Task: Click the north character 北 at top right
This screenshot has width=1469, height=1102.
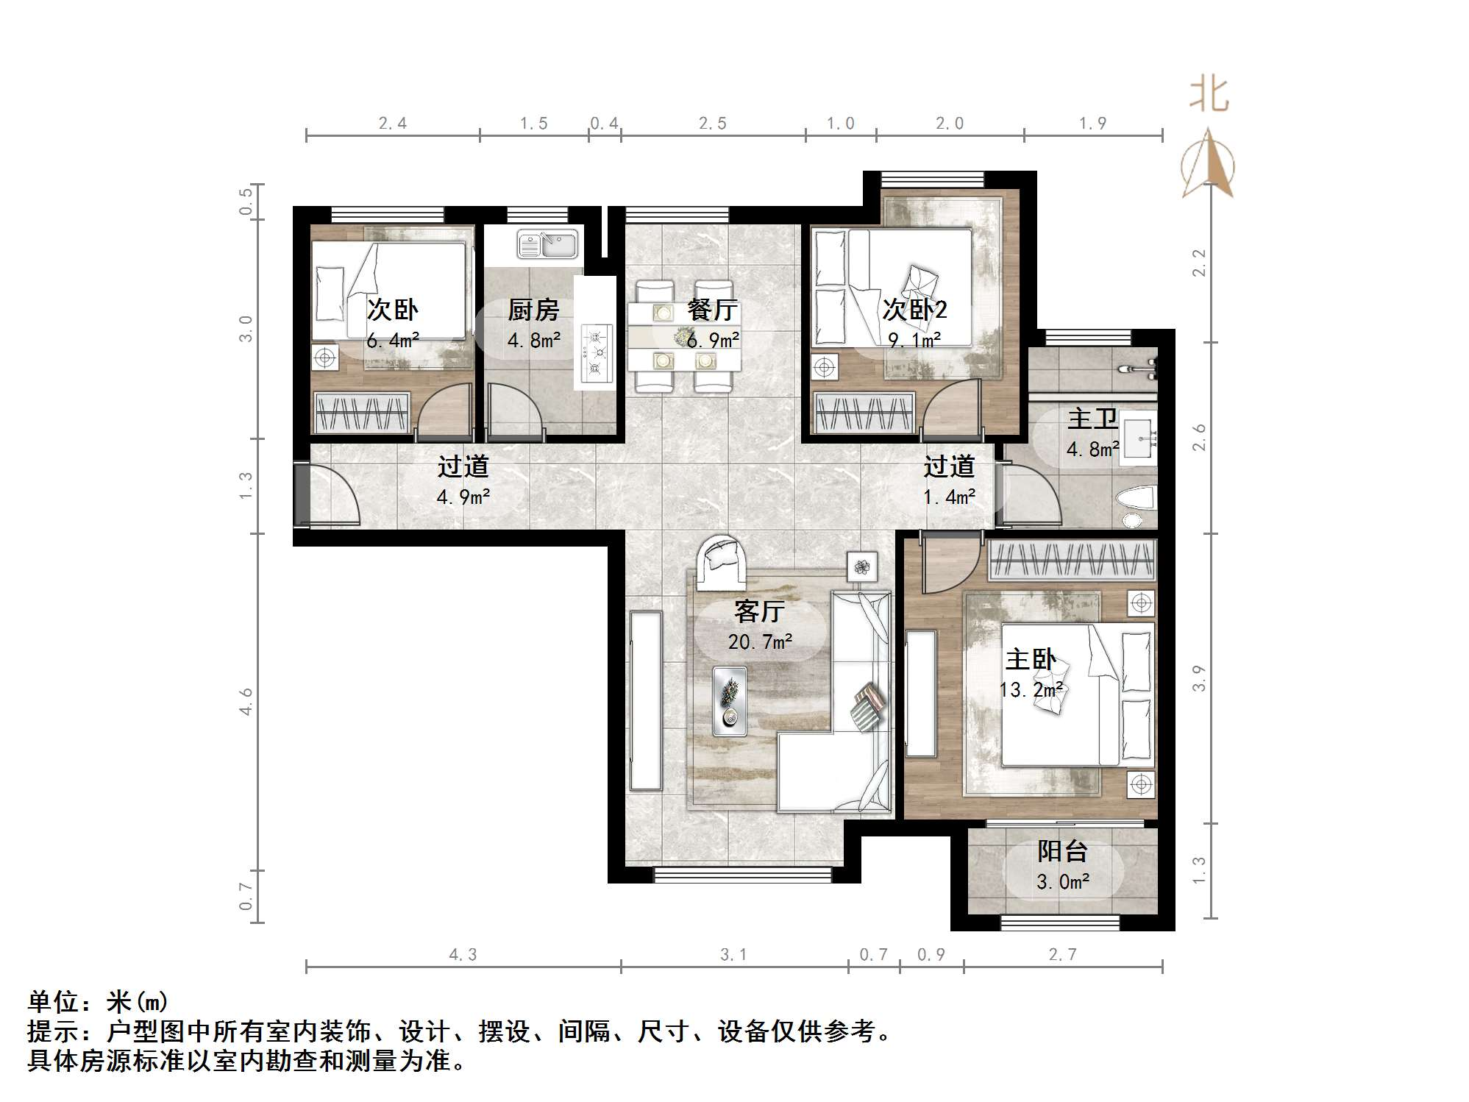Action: tap(1209, 95)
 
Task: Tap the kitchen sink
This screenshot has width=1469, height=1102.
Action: tap(547, 244)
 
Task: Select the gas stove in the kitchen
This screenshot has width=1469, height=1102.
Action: tap(595, 353)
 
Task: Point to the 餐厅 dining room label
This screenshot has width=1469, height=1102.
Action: tap(712, 310)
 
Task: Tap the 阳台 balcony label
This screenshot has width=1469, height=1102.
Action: tap(1062, 851)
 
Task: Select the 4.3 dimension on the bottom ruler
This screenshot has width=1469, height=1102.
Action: tap(463, 954)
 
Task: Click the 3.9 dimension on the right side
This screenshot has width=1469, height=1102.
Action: tap(1199, 678)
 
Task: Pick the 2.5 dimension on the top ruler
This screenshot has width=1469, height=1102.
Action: tap(712, 124)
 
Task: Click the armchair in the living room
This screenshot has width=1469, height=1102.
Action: tap(721, 562)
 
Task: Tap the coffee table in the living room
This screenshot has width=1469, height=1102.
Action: tap(730, 700)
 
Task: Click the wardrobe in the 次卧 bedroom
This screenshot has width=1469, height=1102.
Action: tap(361, 413)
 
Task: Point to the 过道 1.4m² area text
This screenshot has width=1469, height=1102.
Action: tap(949, 497)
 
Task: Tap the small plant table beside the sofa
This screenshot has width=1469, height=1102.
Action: tap(861, 566)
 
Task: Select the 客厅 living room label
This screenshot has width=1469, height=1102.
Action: tap(759, 611)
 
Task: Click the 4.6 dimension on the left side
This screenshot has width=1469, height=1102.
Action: tap(246, 701)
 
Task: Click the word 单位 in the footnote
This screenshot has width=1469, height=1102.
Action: tap(53, 1002)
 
